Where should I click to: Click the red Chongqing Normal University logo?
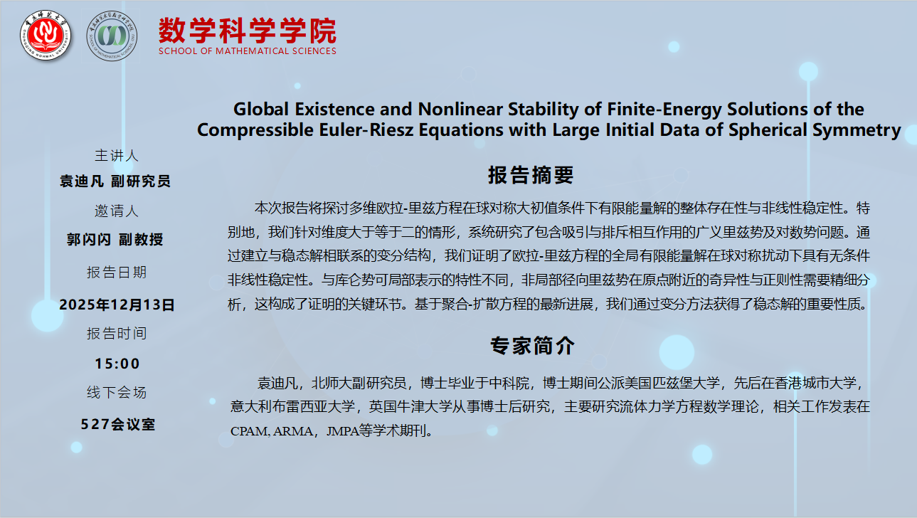coord(46,35)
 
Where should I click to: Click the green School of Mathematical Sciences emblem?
coord(112,36)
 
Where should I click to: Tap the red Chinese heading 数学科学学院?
coord(248,31)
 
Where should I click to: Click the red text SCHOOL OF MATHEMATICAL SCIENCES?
coord(248,51)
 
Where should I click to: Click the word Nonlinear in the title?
coord(460,110)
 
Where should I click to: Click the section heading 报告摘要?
coord(531,175)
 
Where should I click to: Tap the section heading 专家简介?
coord(532,346)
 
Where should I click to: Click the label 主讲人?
coord(117,156)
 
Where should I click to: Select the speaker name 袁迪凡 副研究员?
coord(115,181)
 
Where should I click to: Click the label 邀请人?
coord(117,211)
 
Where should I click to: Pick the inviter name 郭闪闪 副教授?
coord(115,240)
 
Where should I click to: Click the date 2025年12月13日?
coord(117,305)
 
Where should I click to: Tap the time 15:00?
coord(117,364)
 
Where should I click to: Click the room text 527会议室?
coord(118,424)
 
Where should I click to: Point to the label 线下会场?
coord(117,392)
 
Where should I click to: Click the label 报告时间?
coord(117,333)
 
